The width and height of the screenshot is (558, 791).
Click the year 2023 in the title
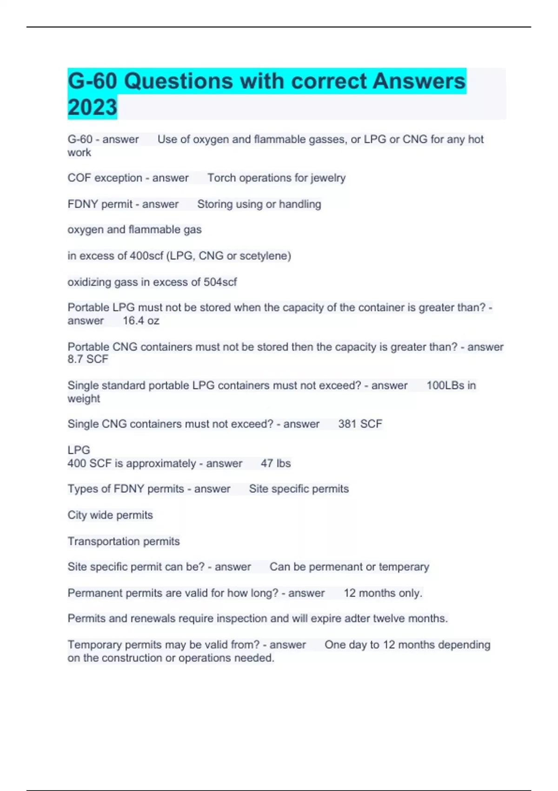pos(92,107)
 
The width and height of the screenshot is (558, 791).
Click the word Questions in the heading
pos(179,81)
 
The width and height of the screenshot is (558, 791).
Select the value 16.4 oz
pos(141,321)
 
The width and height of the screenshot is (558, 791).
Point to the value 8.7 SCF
pos(88,359)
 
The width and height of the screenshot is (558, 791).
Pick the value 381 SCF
pos(360,424)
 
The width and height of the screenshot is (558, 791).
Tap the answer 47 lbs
pos(275,463)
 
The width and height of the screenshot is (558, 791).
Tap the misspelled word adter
pos(357,618)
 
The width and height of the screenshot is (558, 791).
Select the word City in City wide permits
pos(77,515)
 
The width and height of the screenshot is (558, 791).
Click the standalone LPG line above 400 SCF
pos(79,450)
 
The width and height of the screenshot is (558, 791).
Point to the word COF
pos(79,178)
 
